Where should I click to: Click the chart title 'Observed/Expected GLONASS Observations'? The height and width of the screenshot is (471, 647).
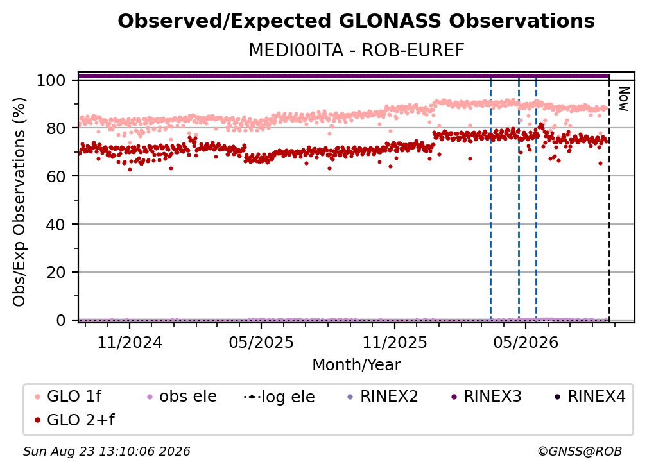356,21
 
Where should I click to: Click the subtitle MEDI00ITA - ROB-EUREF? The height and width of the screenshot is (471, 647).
356,50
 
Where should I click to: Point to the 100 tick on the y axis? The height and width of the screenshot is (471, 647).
51,80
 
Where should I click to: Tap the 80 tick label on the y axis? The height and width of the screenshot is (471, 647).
56,128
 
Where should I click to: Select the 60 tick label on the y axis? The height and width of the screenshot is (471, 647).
56,176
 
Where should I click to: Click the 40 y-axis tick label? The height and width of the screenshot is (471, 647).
56,225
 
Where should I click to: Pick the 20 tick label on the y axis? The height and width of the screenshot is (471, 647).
56,272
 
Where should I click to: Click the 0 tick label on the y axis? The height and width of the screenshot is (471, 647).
60,320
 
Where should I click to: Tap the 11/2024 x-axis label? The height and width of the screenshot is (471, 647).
130,342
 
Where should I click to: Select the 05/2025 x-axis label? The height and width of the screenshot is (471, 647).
261,342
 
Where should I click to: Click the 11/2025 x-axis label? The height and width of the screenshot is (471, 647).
395,342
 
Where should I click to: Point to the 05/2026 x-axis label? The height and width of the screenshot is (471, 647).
525,342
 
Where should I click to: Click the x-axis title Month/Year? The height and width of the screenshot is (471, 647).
356,364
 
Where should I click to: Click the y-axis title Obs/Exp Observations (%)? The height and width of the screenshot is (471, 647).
19,202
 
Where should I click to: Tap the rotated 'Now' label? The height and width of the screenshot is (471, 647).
624,99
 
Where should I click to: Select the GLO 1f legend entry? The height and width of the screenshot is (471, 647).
68,397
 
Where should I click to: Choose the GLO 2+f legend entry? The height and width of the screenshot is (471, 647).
74,420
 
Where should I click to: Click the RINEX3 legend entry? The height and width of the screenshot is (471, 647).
486,397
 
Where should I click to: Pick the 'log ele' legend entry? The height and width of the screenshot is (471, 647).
279,397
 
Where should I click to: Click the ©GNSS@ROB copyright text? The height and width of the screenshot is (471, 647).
580,451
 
